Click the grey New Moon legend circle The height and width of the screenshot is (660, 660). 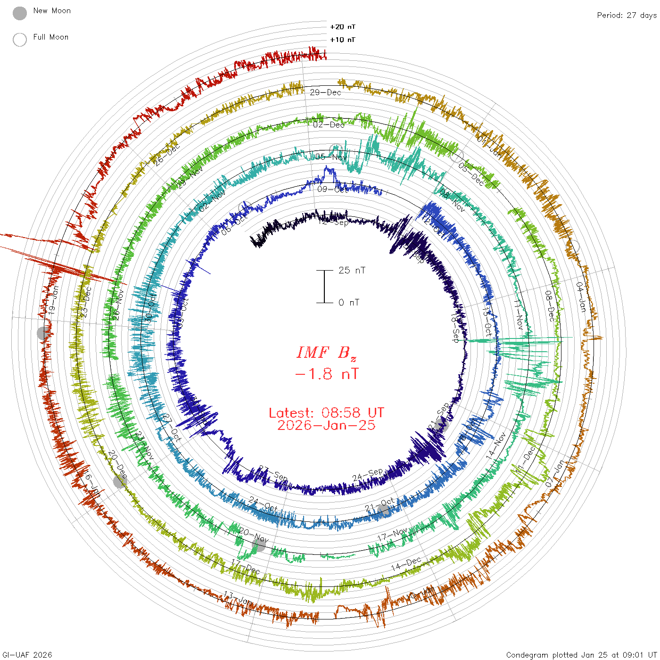tap(20, 14)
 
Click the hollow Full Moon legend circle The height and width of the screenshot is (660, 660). tap(20, 40)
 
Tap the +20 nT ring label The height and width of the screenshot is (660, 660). tap(343, 27)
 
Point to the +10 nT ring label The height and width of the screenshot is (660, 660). tap(343, 40)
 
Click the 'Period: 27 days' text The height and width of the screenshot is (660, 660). tap(627, 15)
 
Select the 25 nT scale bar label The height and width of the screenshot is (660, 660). tap(352, 270)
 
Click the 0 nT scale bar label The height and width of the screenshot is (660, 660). tap(349, 302)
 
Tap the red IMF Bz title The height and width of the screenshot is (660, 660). tap(326, 353)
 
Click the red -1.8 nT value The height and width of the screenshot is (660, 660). tap(326, 374)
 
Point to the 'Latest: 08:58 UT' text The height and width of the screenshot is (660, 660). tap(326, 413)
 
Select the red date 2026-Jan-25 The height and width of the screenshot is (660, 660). tap(326, 425)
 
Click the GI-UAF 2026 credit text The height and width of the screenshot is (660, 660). tap(27, 655)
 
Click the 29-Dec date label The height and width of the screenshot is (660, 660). tap(325, 92)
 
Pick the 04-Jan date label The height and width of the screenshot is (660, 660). tap(581, 297)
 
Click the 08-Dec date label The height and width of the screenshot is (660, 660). tap(550, 306)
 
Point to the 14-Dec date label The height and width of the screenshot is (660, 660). tap(406, 564)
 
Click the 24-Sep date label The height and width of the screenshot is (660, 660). tap(368, 475)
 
